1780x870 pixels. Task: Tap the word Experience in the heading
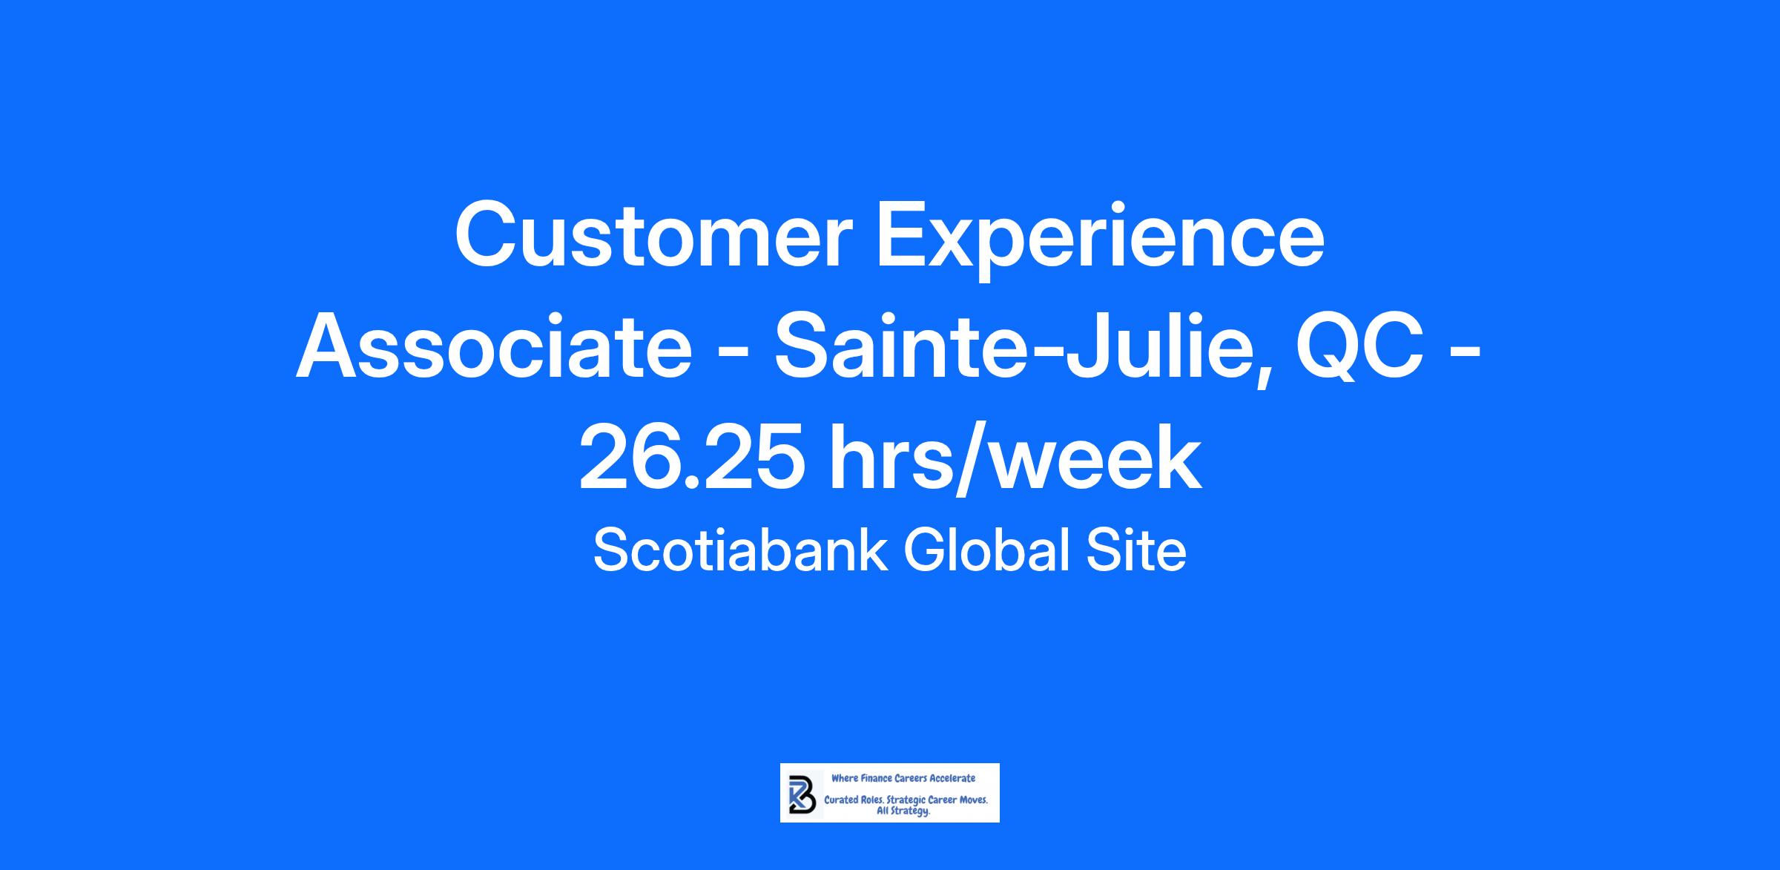coord(1101,240)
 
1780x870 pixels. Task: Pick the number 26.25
coord(691,458)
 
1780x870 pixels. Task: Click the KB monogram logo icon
coord(802,794)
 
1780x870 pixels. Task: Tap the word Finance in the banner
coord(877,778)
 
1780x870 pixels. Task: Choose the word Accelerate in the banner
coord(952,778)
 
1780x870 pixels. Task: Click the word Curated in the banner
coord(841,800)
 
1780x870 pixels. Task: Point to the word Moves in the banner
coord(973,800)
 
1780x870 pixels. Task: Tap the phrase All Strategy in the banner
coord(903,812)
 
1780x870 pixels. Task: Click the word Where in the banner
coord(845,778)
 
